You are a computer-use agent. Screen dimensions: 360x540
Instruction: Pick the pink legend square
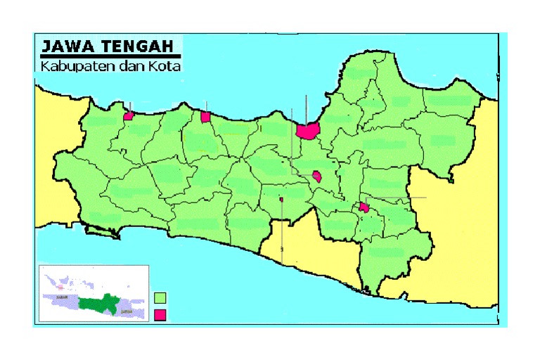click(160, 314)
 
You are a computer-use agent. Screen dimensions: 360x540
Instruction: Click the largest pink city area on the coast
click(307, 130)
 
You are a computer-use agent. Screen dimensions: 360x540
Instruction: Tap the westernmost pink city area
click(129, 116)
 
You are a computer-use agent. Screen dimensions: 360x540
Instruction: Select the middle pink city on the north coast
click(205, 117)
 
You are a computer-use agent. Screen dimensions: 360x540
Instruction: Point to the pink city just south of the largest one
click(317, 176)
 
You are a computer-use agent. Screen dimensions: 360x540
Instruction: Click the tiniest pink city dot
click(281, 199)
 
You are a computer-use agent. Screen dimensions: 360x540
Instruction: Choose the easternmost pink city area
click(364, 207)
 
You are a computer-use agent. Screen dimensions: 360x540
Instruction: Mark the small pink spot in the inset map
click(62, 287)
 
